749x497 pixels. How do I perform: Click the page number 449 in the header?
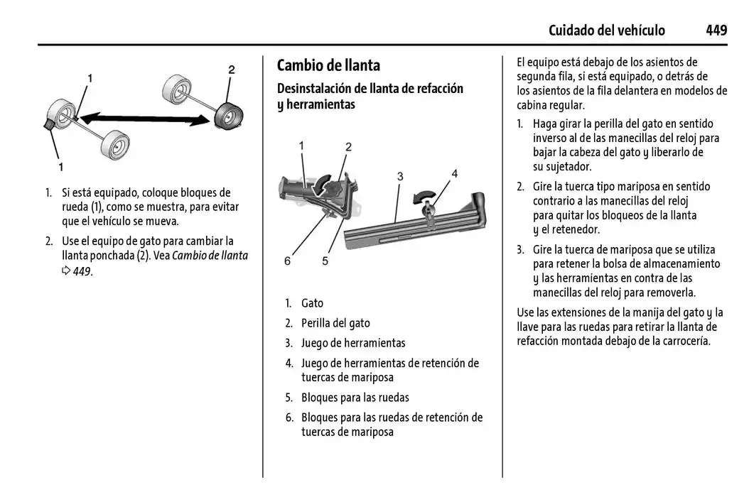pos(716,30)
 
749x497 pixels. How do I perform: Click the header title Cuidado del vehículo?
pos(606,30)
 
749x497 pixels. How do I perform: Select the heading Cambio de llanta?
pos(328,65)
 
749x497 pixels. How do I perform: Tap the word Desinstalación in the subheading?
pos(316,89)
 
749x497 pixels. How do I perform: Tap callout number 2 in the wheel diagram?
pos(231,70)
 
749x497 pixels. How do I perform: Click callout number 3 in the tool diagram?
pos(400,175)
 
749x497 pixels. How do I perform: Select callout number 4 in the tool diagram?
pos(454,173)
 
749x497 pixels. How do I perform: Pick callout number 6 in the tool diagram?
pos(288,261)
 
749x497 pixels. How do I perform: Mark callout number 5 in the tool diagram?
pos(325,261)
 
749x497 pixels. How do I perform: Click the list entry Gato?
pos(312,303)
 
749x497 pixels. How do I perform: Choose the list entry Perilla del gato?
pos(335,323)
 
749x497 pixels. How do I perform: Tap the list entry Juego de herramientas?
pos(353,343)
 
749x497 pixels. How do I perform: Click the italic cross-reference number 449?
pos(82,271)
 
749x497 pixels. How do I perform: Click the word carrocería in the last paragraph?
pos(682,341)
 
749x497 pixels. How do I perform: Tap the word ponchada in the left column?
pos(112,256)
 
